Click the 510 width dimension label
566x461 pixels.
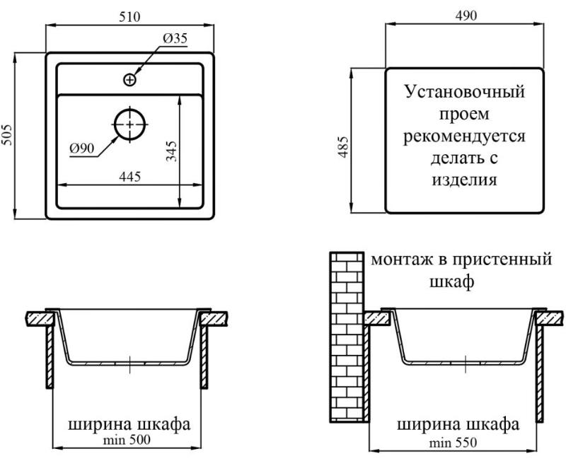[129, 17]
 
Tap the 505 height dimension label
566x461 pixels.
[7, 135]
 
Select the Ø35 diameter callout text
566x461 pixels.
[175, 38]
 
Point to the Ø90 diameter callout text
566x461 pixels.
[82, 148]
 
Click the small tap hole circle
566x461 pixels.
[129, 80]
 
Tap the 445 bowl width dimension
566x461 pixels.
[130, 177]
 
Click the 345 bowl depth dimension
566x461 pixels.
[171, 151]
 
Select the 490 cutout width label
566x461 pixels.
[466, 16]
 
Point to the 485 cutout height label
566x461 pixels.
[344, 147]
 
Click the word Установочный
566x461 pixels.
[465, 92]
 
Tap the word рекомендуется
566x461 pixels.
[464, 136]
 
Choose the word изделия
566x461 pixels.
[465, 180]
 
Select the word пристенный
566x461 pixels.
[502, 259]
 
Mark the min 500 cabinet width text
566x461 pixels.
[127, 440]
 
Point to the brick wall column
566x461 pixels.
[347, 337]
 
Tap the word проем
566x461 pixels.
[465, 115]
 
